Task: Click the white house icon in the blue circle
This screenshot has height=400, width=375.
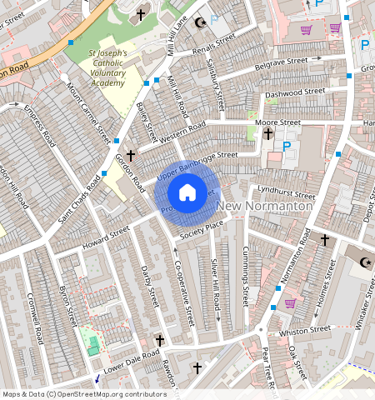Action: click(x=187, y=193)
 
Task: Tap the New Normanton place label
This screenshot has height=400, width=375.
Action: click(x=265, y=205)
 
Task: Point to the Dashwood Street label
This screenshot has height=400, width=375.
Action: click(x=295, y=92)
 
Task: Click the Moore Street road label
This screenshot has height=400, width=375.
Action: click(x=277, y=122)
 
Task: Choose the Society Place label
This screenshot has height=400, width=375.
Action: click(x=204, y=226)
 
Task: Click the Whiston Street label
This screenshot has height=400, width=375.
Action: click(x=303, y=332)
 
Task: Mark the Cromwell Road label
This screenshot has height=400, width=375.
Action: click(x=36, y=317)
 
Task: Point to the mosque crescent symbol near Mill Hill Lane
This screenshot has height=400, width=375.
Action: click(x=199, y=23)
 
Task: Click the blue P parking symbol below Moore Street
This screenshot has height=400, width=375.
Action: click(x=287, y=147)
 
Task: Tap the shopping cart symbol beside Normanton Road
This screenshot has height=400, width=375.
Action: click(x=290, y=302)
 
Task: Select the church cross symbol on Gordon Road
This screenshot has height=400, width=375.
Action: click(x=131, y=155)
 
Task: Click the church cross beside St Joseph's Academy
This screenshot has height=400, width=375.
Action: click(x=141, y=14)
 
